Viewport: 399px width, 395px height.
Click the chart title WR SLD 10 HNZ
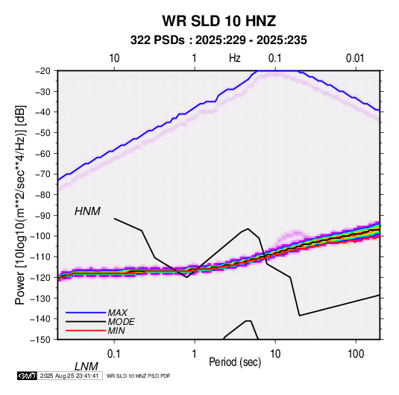(x=219, y=21)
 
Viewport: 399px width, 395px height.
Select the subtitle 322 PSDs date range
(x=219, y=40)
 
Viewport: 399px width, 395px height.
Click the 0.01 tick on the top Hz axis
(x=355, y=58)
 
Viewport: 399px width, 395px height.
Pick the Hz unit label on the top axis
(x=235, y=58)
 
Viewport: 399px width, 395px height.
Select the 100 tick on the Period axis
(x=356, y=354)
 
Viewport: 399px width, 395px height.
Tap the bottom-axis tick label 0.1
(x=114, y=354)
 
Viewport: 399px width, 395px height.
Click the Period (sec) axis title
(x=235, y=362)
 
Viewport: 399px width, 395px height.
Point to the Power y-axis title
(x=20, y=205)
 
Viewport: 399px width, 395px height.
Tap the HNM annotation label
(x=87, y=211)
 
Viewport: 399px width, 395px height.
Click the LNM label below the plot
(x=87, y=367)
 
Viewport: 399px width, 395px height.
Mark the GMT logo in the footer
(x=28, y=376)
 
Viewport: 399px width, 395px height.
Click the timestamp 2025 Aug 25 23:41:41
(x=69, y=376)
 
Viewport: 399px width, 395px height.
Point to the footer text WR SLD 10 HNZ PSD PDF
(x=138, y=376)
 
